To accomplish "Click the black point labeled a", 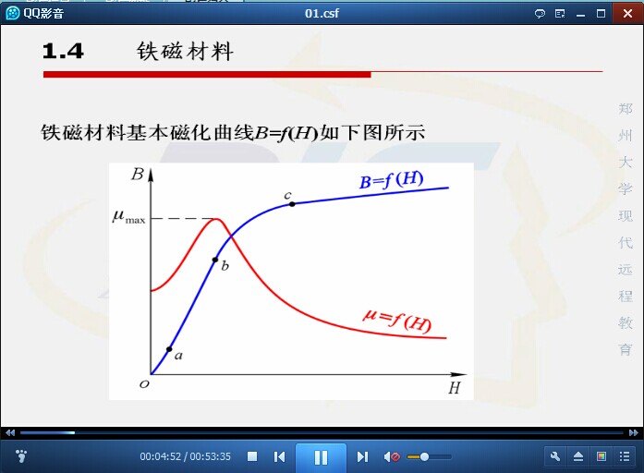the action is (169, 349).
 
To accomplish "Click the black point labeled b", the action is (215, 260).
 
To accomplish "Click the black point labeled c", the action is (292, 203).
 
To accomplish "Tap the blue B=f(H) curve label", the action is (391, 180).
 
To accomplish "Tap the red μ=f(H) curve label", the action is (397, 320).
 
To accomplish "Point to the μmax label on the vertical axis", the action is (129, 216).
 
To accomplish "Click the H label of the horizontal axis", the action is (455, 388).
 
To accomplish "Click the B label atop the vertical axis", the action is (137, 175).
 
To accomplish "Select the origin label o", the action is (144, 384).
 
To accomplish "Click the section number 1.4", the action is (63, 52).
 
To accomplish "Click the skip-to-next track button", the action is (362, 456).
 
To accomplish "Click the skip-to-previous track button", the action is (279, 456).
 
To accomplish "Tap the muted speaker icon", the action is (392, 456).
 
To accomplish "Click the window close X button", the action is (627, 14).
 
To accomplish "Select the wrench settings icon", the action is (555, 456).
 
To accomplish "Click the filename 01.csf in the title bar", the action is (322, 14).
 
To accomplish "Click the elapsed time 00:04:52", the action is (160, 456).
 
